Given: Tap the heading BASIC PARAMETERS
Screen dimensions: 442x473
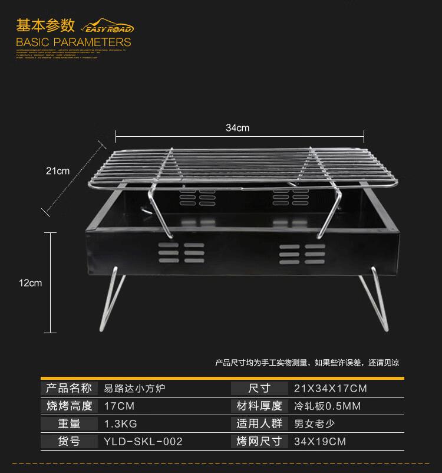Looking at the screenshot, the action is (x=74, y=42).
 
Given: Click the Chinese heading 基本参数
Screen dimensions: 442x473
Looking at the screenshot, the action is (x=45, y=25).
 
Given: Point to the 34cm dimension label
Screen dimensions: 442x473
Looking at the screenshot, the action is (x=238, y=128).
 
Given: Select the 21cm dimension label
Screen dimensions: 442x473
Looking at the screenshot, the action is (x=58, y=171).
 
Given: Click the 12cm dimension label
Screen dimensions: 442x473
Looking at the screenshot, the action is (x=31, y=283).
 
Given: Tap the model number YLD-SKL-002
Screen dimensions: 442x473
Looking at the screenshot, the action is (x=143, y=441).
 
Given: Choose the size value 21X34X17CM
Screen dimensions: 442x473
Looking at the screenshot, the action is (x=330, y=388).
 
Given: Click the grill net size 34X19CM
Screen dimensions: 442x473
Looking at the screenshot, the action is (x=320, y=441).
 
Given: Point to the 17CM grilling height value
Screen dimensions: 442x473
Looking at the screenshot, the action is (x=119, y=406).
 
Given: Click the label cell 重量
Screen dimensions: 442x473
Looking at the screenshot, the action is (x=69, y=423).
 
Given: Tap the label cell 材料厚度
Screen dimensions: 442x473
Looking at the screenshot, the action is (x=259, y=406).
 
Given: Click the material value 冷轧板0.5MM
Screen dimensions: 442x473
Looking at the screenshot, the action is (x=327, y=406).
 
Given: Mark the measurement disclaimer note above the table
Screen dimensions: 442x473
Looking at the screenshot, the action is (x=306, y=363).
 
